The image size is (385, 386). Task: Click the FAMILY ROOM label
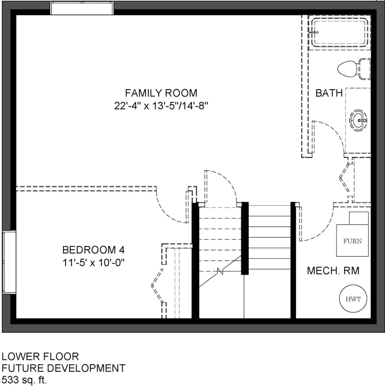coord(161,93)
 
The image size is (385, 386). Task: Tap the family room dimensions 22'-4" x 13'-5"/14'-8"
coord(161,106)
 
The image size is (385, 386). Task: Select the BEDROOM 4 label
coord(94,250)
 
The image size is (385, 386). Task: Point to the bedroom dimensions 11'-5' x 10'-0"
coord(94,263)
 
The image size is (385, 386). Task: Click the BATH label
coord(329,93)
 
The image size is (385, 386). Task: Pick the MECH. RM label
coord(333,271)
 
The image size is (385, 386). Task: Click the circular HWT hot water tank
coord(353,299)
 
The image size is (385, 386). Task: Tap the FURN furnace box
coord(352,234)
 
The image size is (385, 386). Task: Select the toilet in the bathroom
coord(354,69)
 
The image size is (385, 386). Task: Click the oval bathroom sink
coord(358,120)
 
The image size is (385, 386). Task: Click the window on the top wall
coord(82,8)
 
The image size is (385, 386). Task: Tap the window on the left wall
coord(9,262)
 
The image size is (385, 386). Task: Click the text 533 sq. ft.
coord(24,380)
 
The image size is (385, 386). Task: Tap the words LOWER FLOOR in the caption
coord(40,356)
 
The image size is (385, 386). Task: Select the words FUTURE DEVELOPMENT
coord(63,368)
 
